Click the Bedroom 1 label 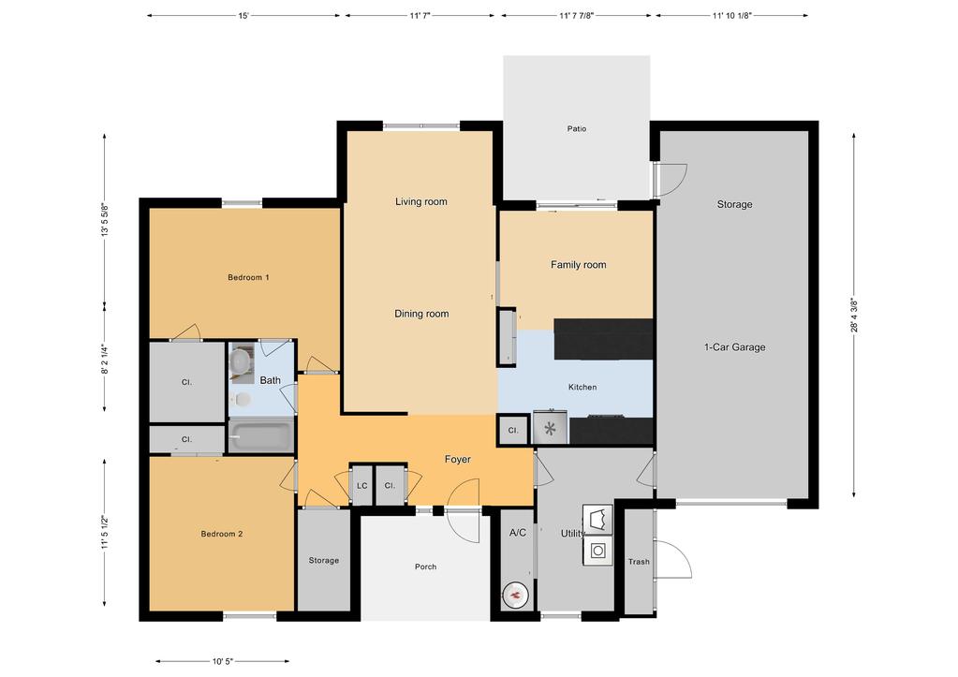tap(248, 277)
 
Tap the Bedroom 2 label tap(222, 534)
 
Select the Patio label tap(576, 128)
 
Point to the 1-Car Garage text tap(734, 347)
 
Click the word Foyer tap(457, 460)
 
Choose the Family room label tap(578, 265)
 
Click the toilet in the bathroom tap(243, 400)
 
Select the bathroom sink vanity tap(242, 361)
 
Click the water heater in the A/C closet tap(516, 594)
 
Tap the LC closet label tap(362, 486)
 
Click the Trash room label tap(638, 562)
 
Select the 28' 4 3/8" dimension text tap(853, 316)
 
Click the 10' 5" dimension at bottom tap(222, 661)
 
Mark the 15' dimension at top tap(243, 16)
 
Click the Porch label tap(426, 567)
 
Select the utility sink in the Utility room tap(597, 518)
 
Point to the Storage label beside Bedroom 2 tap(324, 560)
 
